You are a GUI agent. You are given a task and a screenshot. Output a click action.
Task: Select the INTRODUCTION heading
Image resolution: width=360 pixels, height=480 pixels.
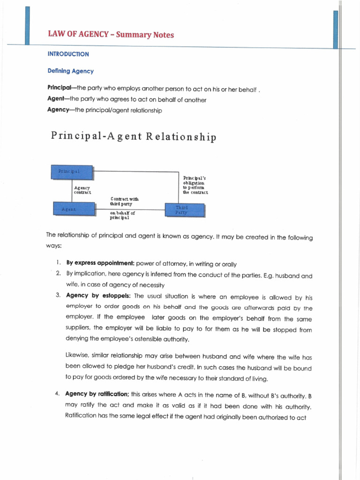click(68, 54)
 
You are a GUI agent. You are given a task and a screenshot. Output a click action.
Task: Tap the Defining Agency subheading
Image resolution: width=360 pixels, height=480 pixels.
click(70, 71)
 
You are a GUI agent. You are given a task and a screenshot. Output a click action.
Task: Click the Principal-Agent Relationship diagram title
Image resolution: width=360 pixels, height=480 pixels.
click(134, 137)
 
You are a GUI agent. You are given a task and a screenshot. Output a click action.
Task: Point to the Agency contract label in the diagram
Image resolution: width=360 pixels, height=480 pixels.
click(82, 190)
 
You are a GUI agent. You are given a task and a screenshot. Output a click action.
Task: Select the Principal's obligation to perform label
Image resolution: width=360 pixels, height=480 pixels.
click(195, 185)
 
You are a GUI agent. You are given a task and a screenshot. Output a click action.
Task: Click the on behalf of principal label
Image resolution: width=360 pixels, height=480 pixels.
click(122, 215)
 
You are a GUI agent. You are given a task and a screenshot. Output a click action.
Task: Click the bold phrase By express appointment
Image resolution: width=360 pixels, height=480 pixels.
click(100, 263)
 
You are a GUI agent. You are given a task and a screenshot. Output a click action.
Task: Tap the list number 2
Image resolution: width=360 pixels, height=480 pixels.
click(58, 273)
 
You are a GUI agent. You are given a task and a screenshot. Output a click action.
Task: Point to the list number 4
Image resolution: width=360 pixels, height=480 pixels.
click(57, 394)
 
